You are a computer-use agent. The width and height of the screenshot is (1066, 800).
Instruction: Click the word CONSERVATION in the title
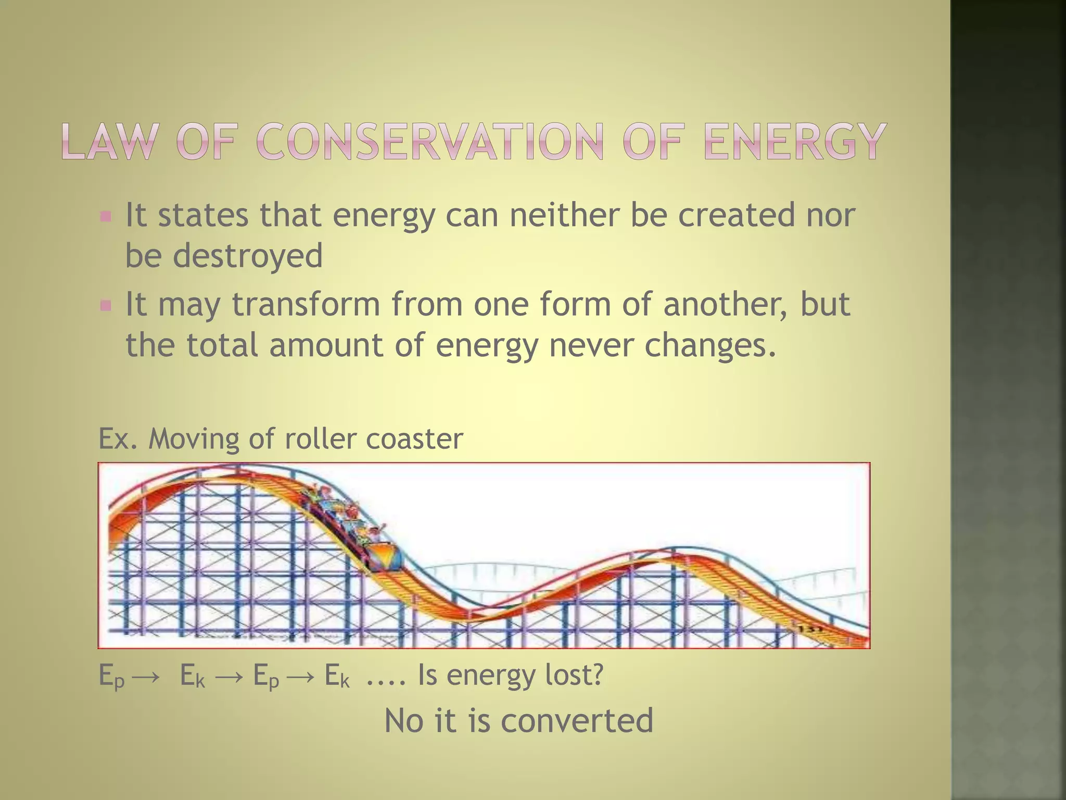coord(430,142)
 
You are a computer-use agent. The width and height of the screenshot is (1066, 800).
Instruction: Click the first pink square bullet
coord(106,216)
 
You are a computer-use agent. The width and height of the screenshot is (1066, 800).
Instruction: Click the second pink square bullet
coord(106,305)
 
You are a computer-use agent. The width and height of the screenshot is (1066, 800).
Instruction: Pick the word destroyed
coord(247,256)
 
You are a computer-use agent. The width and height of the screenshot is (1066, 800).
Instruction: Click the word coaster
coord(414,439)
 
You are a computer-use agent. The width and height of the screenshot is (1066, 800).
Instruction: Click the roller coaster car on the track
coord(385,557)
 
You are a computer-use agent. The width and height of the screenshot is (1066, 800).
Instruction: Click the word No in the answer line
coord(403,721)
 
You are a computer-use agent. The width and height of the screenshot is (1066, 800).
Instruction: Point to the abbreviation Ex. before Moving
coord(118,439)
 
